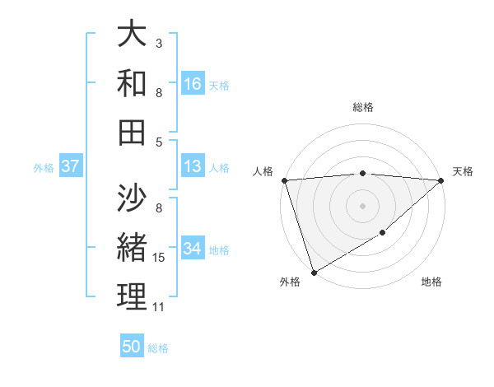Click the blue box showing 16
pyautogui.click(x=193, y=83)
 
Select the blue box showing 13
pyautogui.click(x=193, y=166)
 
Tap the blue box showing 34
pyautogui.click(x=193, y=249)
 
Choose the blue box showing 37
pyautogui.click(x=70, y=166)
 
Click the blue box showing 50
pyautogui.click(x=132, y=347)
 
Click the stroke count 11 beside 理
pyautogui.click(x=158, y=307)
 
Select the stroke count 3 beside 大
pyautogui.click(x=158, y=42)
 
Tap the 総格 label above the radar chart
pyautogui.click(x=362, y=107)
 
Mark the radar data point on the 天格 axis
pyautogui.click(x=442, y=180)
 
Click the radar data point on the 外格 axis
pyautogui.click(x=314, y=273)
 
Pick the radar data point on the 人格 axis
pyautogui.click(x=284, y=180)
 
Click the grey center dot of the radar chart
pyautogui.click(x=362, y=205)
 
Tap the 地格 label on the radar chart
pyautogui.click(x=431, y=282)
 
